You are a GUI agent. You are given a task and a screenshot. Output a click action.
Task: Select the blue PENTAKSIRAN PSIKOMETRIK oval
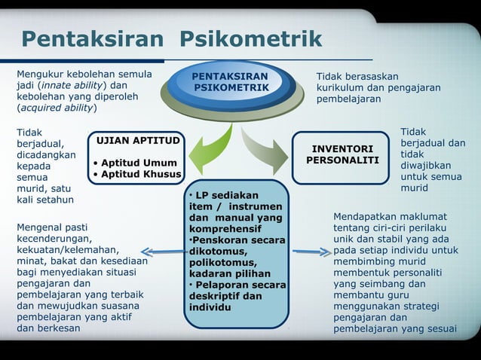click(x=230, y=84)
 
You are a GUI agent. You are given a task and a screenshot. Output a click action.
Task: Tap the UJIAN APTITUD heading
click(x=136, y=141)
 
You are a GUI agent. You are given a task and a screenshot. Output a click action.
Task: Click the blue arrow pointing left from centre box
click(x=161, y=252)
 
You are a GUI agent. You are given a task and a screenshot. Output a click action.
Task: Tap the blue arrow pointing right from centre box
click(x=310, y=252)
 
